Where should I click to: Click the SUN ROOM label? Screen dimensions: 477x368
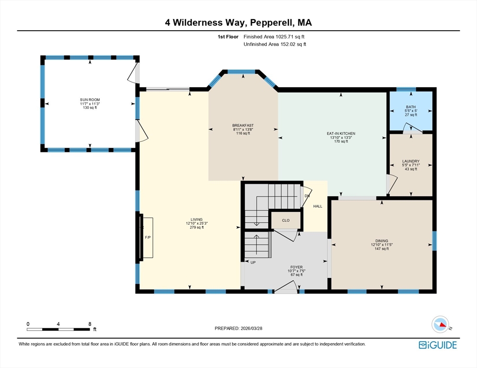(x=90, y=100)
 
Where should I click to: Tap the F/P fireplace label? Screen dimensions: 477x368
(x=148, y=237)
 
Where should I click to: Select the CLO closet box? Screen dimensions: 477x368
(x=286, y=220)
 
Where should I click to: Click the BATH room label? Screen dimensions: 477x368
(x=411, y=107)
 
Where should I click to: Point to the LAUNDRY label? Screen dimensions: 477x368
(x=411, y=161)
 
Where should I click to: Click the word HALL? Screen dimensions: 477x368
(x=318, y=207)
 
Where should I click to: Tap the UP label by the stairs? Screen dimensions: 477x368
(x=253, y=263)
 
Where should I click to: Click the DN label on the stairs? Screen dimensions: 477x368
(x=307, y=196)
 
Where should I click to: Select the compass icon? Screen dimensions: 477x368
(x=441, y=324)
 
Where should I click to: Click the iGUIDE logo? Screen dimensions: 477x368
(x=438, y=345)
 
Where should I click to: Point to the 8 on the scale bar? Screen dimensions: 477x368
(x=90, y=324)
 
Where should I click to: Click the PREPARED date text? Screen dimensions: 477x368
(x=238, y=328)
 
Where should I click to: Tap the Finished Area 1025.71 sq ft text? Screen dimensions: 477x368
(x=274, y=37)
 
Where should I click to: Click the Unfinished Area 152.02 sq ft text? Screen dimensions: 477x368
(x=274, y=45)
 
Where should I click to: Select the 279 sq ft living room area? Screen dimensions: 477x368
(x=197, y=227)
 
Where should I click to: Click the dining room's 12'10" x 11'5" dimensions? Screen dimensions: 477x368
(x=382, y=245)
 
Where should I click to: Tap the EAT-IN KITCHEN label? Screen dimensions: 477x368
(x=341, y=133)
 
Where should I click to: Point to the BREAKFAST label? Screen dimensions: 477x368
(x=243, y=126)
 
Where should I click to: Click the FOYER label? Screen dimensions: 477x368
(x=296, y=267)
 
